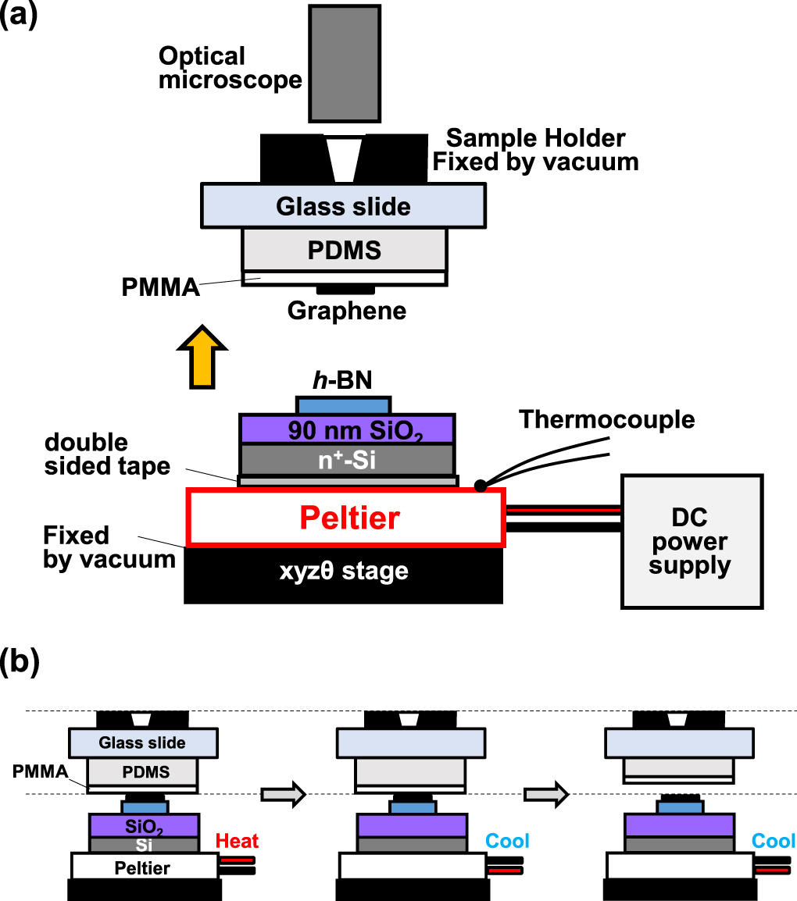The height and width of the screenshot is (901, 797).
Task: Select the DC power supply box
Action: [x=691, y=541]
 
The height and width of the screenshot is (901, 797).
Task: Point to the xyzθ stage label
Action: [x=343, y=572]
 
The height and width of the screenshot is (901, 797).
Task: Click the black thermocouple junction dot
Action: [x=479, y=486]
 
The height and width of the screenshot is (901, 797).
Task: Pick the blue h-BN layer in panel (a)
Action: [x=343, y=405]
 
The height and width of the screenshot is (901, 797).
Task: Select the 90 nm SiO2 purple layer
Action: [x=346, y=429]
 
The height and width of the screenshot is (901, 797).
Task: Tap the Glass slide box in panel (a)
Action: [x=343, y=206]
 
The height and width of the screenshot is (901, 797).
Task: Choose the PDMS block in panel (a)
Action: [x=345, y=249]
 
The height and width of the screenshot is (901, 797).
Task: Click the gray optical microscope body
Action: [x=345, y=62]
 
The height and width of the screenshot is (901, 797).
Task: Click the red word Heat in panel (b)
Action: [x=237, y=841]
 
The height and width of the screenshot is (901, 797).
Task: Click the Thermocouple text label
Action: [x=607, y=419]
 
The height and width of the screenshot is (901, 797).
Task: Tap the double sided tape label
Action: [x=107, y=454]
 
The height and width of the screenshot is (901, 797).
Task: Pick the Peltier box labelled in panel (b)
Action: [x=143, y=867]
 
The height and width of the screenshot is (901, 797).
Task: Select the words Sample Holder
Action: [x=535, y=139]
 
